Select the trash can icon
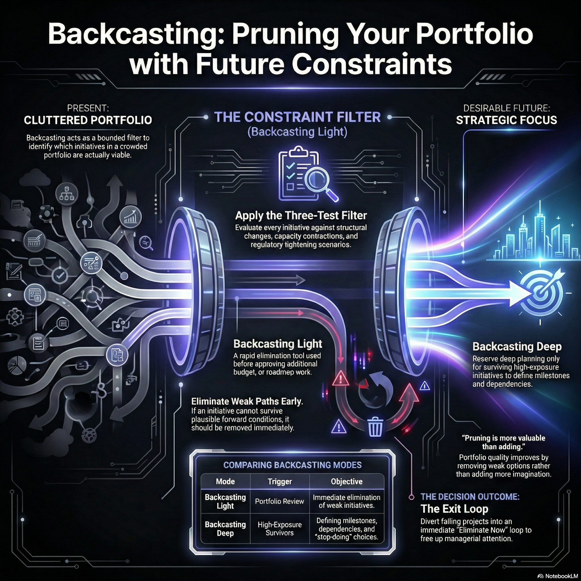375,427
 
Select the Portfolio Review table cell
279,501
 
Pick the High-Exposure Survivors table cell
279,529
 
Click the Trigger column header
280,481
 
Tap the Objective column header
346,481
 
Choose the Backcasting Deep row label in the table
225,529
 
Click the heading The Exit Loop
454,509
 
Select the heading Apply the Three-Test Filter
301,215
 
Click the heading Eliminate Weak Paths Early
247,401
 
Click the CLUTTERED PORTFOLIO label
88,120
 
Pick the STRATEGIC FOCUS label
506,120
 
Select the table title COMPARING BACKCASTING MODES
292,465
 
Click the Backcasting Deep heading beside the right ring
517,346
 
